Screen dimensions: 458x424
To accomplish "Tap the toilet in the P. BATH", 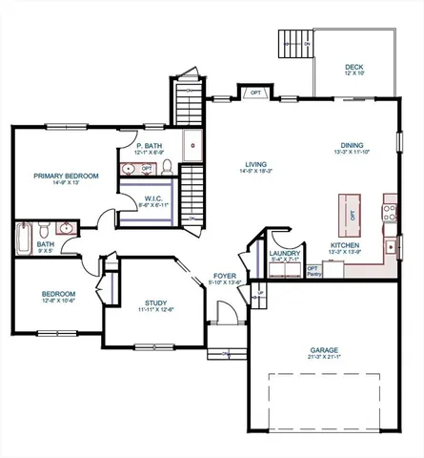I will (x=166, y=168).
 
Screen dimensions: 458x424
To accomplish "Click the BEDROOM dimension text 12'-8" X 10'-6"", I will (x=53, y=302).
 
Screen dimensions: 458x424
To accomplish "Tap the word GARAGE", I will (x=324, y=349).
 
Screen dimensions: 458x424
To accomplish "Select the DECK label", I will (x=353, y=67).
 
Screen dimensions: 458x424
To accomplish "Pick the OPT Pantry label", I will (x=313, y=271).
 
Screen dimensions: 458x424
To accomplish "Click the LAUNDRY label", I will (x=285, y=253).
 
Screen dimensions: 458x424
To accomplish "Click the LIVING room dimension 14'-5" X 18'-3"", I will (x=253, y=172).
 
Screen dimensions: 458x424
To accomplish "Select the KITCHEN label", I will (x=344, y=245).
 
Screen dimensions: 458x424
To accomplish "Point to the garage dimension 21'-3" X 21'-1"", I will (x=324, y=358).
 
